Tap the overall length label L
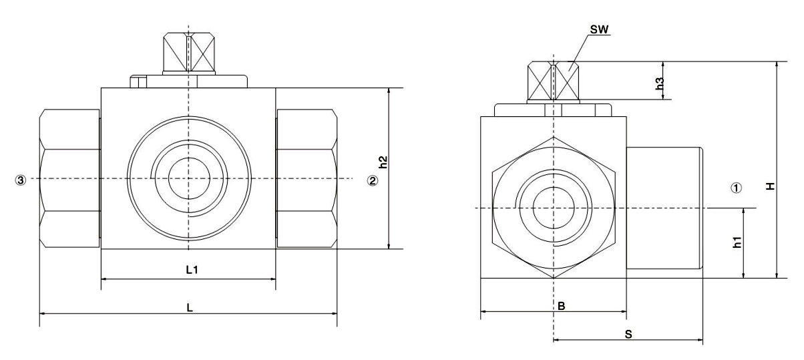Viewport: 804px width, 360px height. click(190, 308)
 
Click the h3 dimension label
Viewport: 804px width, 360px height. click(659, 83)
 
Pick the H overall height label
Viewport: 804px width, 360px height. click(770, 188)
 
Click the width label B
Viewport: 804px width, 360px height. click(562, 306)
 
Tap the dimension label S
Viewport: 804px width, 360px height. click(628, 335)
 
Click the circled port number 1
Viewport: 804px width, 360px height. click(737, 188)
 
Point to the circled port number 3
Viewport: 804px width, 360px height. click(21, 180)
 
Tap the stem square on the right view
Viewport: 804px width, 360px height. click(554, 81)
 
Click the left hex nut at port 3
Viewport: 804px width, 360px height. click(69, 178)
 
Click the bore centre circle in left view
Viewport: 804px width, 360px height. click(189, 178)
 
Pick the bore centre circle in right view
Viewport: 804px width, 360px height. click(554, 208)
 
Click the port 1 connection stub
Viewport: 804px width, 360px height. click(662, 208)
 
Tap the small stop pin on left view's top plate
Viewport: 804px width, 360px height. click(138, 81)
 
